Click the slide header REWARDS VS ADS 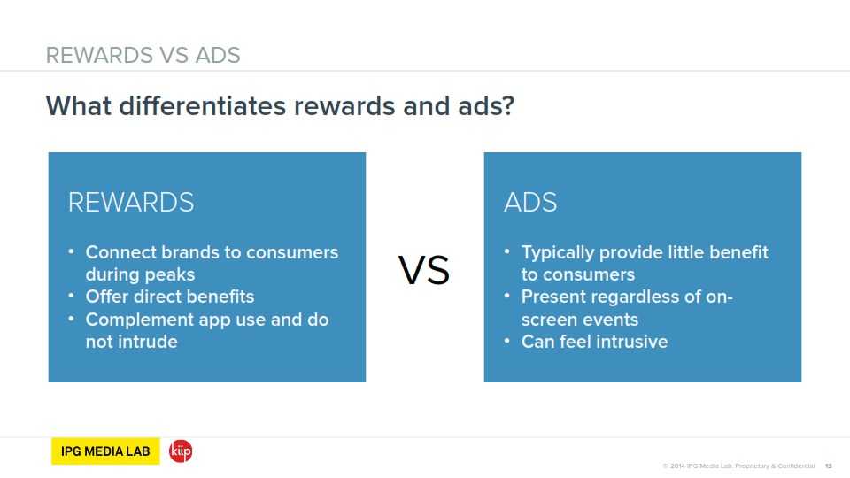pos(143,55)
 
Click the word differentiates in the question pos(202,105)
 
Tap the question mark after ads pos(508,105)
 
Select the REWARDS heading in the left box pos(131,203)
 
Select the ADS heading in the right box pos(530,203)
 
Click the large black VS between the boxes pos(424,270)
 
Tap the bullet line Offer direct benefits pos(170,297)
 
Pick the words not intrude pos(132,342)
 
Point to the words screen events pos(580,320)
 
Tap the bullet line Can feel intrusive pos(595,342)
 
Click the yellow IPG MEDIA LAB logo pos(105,451)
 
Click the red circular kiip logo pos(181,451)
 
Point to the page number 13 pos(829,466)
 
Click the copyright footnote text pos(738,466)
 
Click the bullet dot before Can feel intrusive pos(506,341)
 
